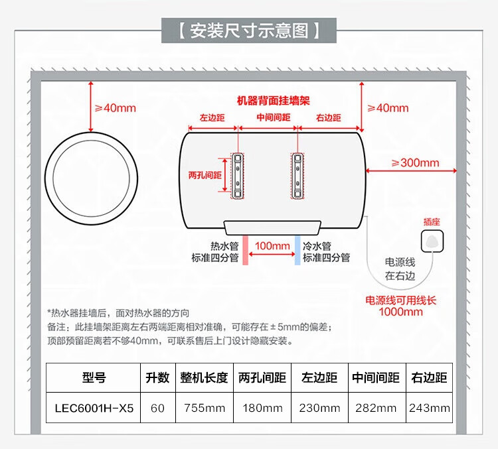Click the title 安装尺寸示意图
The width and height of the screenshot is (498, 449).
click(249, 31)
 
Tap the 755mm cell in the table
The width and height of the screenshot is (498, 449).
click(205, 408)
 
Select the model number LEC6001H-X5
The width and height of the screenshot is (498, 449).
click(94, 408)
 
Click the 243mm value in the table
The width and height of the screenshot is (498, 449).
click(430, 408)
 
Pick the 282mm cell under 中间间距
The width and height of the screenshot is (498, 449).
click(376, 408)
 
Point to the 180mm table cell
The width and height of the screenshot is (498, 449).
click(262, 408)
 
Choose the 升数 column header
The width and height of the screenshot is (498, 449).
click(157, 377)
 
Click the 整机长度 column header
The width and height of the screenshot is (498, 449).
click(205, 377)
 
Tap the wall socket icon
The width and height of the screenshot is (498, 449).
click(432, 241)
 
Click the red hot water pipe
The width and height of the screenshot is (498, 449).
click(245, 250)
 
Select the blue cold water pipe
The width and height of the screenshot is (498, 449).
click(297, 250)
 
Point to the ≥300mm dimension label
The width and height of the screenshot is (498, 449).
click(416, 162)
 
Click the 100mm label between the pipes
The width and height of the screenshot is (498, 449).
click(272, 246)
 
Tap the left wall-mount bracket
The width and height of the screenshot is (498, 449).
click(237, 176)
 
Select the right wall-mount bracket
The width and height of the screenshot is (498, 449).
click(297, 176)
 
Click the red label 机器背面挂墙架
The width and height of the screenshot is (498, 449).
click(274, 101)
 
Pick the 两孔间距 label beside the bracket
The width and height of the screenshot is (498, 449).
click(205, 175)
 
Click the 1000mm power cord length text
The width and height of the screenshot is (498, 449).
click(401, 312)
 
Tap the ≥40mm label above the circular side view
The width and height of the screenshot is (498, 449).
click(116, 108)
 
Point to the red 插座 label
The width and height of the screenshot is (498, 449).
click(432, 222)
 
